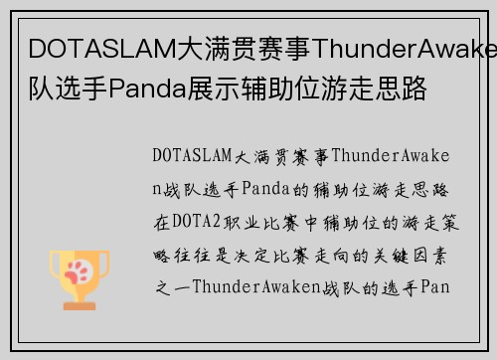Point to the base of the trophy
pyautogui.click(x=79, y=295)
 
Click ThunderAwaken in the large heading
pyautogui.click(x=416, y=50)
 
